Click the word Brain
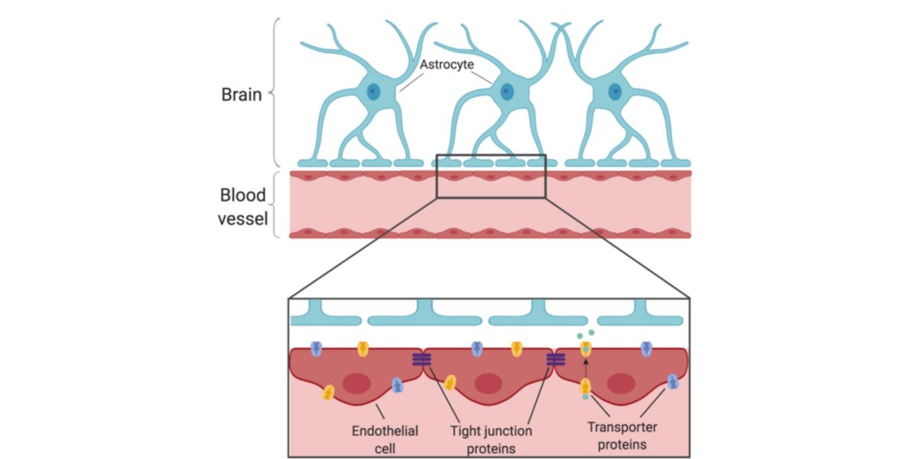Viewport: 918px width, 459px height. click(241, 96)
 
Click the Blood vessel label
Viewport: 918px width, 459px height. click(243, 207)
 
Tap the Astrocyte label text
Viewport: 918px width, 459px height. click(444, 67)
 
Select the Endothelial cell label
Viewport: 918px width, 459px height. click(386, 438)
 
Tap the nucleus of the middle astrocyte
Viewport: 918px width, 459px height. click(506, 93)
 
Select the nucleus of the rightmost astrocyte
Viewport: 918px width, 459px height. click(615, 93)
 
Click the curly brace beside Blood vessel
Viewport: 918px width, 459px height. click(278, 204)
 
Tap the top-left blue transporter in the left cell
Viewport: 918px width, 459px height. click(317, 349)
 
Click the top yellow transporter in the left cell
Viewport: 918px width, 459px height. click(363, 349)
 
